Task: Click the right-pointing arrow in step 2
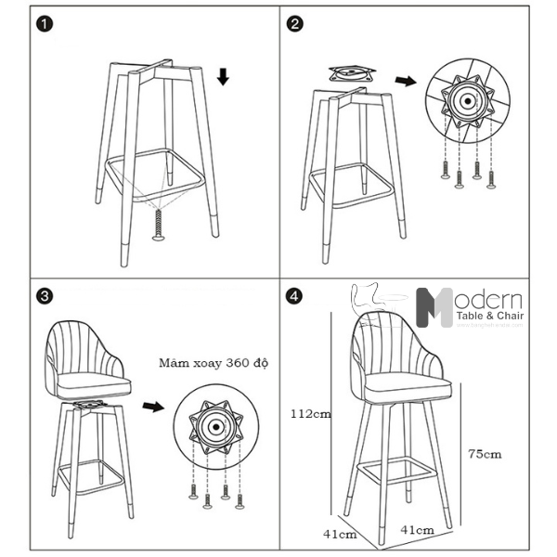pyautogui.click(x=405, y=81)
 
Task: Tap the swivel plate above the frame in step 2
pyautogui.click(x=352, y=72)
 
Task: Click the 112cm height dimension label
pyautogui.click(x=308, y=413)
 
